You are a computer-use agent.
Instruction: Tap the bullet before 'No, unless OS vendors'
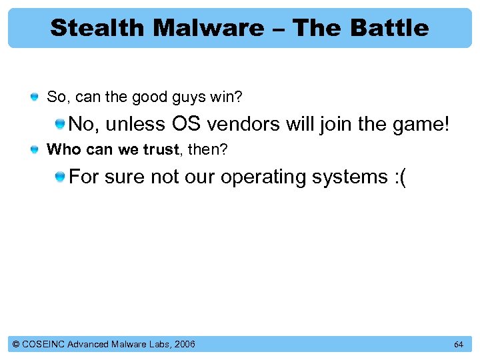pos(60,123)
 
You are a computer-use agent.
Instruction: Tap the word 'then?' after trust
pos(207,150)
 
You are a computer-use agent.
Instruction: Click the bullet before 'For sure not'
pos(60,177)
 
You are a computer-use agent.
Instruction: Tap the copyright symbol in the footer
pos(16,344)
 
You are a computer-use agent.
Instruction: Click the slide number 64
pos(458,345)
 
